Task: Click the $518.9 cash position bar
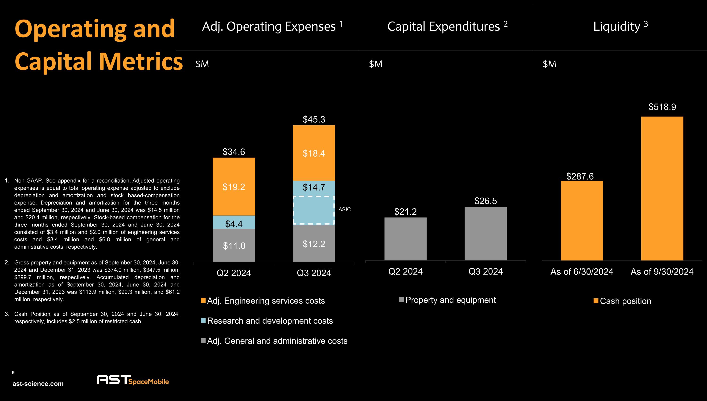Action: pyautogui.click(x=662, y=188)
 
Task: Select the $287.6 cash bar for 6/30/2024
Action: pyautogui.click(x=582, y=220)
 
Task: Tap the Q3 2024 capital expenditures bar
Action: pyautogui.click(x=485, y=233)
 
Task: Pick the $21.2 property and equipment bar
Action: pyautogui.click(x=405, y=239)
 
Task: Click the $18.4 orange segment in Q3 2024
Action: pyautogui.click(x=314, y=153)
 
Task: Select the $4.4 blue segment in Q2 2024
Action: pyautogui.click(x=234, y=222)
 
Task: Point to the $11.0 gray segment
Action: pyautogui.click(x=234, y=245)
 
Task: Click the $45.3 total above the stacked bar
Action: pyautogui.click(x=314, y=120)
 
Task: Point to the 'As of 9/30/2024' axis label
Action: pyautogui.click(x=662, y=272)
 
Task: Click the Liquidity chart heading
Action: pyautogui.click(x=620, y=26)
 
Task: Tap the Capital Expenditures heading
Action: pyautogui.click(x=447, y=26)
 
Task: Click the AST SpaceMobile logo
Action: pyautogui.click(x=133, y=380)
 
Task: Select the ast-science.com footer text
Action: pyautogui.click(x=38, y=384)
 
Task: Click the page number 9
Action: pyautogui.click(x=13, y=373)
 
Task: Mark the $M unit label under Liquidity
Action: pyautogui.click(x=549, y=64)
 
